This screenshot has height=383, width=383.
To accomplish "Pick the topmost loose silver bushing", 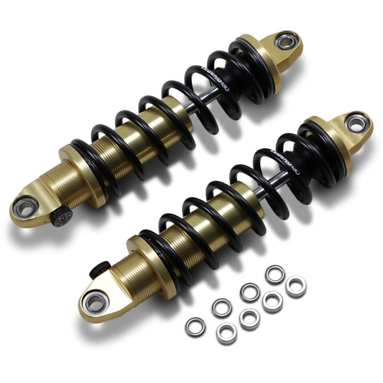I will click(274, 274).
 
